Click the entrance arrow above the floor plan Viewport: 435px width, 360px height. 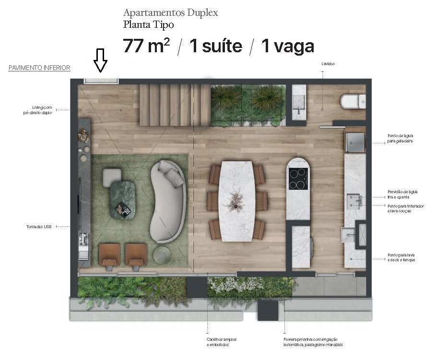tap(100, 60)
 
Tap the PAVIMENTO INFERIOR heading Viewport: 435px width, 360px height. tap(39, 68)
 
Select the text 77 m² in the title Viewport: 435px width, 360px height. tap(146, 46)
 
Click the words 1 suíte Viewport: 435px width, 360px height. tap(214, 46)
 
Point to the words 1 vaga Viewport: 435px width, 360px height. tap(287, 46)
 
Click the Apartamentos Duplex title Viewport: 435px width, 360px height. tap(170, 12)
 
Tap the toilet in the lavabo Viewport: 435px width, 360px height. tap(353, 101)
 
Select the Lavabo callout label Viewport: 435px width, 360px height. tap(328, 64)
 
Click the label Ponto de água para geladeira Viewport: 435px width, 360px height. tap(400, 139)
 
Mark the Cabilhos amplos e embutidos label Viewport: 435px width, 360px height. tap(222, 342)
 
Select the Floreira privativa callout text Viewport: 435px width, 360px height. tap(312, 342)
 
